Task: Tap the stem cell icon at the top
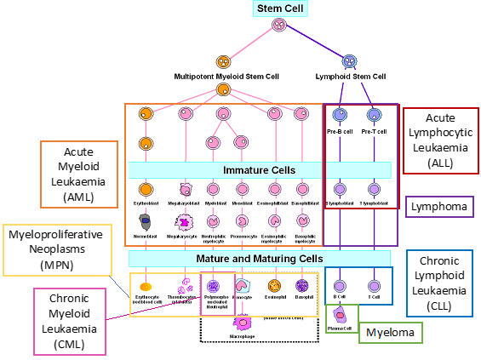[278, 25]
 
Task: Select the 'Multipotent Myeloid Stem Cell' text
[226, 77]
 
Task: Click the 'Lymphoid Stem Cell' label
[350, 77]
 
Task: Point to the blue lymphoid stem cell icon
[349, 61]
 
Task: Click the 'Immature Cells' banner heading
[260, 170]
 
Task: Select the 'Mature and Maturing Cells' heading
[260, 259]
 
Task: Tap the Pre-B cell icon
[340, 114]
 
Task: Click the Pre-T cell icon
[374, 114]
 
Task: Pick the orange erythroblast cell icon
[146, 189]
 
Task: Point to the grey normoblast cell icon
[146, 221]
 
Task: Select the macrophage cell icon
[242, 322]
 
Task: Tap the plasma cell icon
[339, 316]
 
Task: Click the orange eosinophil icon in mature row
[274, 286]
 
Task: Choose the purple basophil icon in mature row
[302, 286]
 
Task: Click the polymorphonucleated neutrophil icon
[214, 287]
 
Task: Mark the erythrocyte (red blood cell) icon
[146, 287]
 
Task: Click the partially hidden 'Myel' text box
[390, 332]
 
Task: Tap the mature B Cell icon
[340, 286]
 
